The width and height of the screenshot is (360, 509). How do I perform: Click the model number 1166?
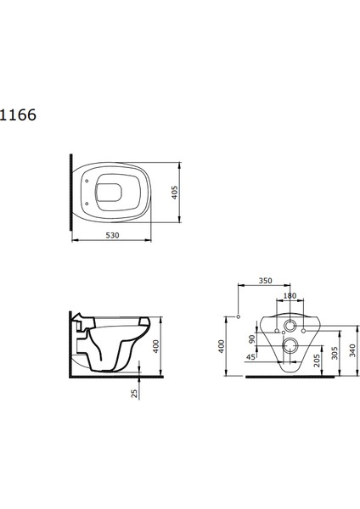click(x=18, y=115)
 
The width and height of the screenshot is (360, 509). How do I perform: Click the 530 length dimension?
click(x=112, y=235)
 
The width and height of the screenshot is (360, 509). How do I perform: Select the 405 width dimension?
click(x=175, y=193)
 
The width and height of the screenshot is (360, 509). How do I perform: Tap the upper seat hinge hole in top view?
click(x=87, y=182)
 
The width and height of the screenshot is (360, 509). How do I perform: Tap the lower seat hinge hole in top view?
click(x=87, y=204)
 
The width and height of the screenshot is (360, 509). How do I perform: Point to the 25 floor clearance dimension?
click(x=134, y=394)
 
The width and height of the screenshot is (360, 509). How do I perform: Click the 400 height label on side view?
click(x=156, y=346)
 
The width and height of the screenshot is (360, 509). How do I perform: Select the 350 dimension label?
click(x=266, y=281)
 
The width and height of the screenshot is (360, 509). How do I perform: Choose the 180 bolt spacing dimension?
click(x=290, y=296)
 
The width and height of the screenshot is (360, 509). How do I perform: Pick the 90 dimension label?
click(x=252, y=339)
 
